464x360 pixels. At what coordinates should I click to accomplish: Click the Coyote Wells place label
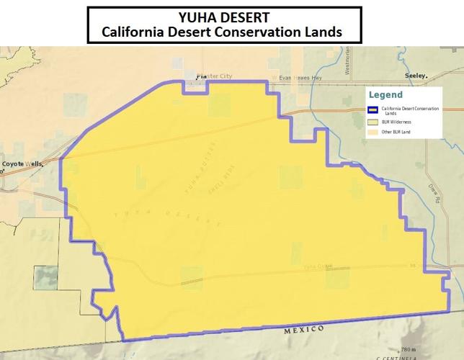tap(21, 164)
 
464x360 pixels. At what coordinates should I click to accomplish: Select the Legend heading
tap(385, 95)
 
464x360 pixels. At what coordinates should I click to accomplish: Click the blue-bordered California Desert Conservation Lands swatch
tap(373, 110)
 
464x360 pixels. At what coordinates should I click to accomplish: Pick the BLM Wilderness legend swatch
tap(373, 122)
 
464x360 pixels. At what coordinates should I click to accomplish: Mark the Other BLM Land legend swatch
tap(373, 132)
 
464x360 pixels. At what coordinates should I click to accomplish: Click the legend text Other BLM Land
tap(396, 132)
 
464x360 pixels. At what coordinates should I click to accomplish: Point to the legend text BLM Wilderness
tap(396, 122)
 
